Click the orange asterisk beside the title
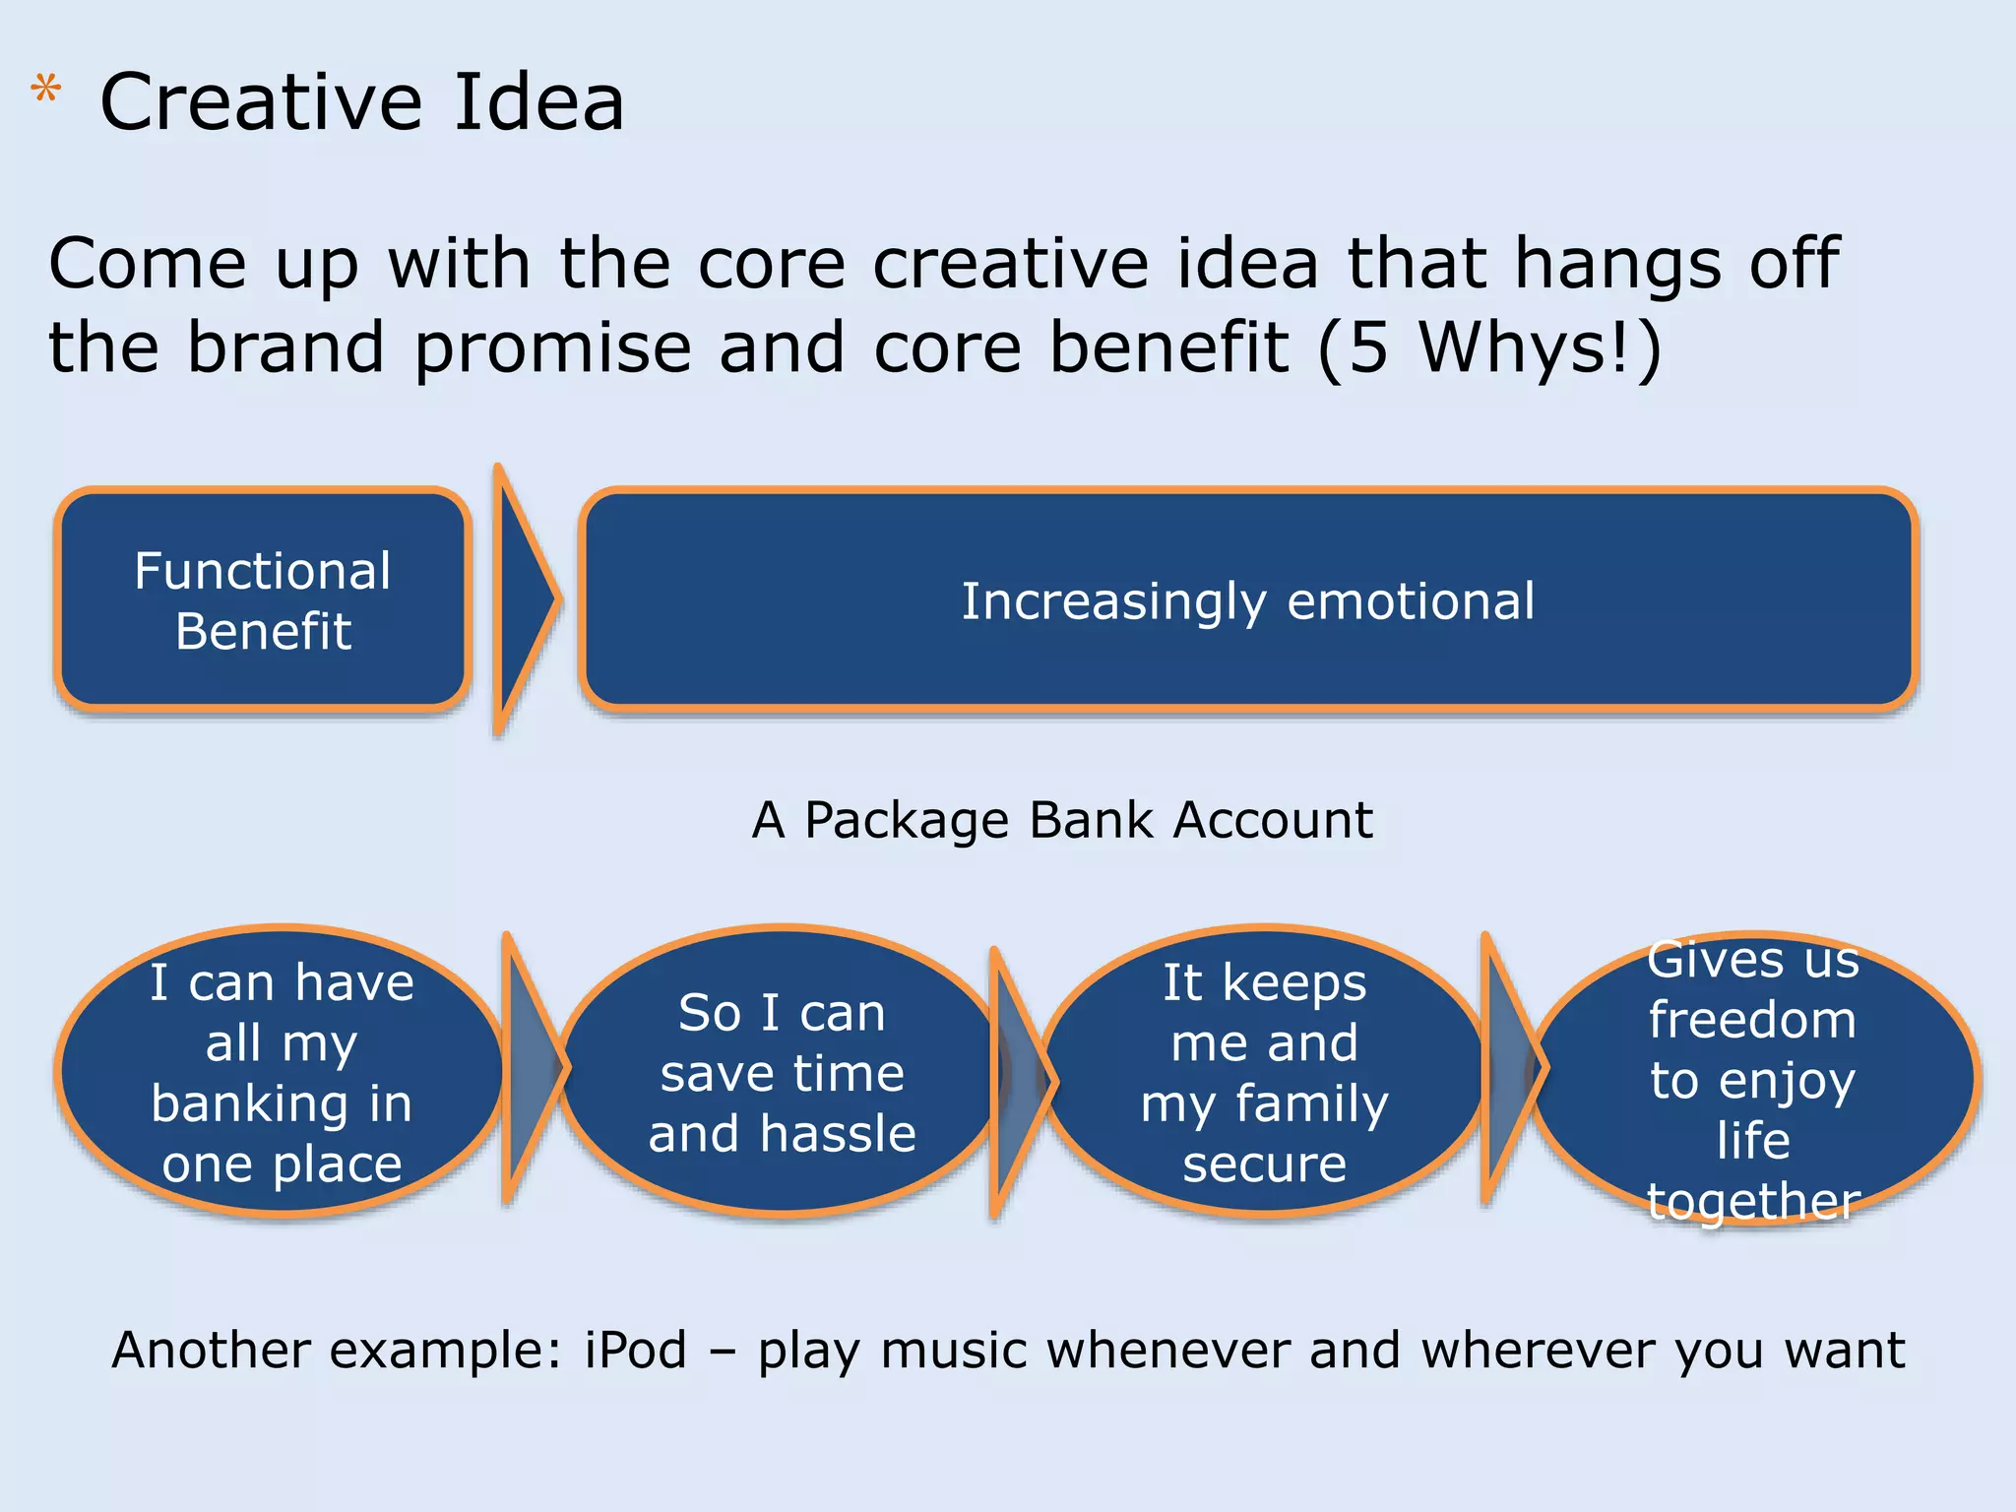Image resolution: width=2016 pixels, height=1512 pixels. pos(45,92)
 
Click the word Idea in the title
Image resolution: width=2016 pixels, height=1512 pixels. pos(538,102)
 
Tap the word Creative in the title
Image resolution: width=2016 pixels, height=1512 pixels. pos(262,102)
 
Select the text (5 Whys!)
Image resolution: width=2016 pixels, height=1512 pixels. pos(1489,348)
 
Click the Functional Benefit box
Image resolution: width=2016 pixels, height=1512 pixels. pos(263,599)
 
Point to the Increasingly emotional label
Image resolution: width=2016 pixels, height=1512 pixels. pos(1247,600)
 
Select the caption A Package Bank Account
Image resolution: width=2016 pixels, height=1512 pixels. pos(1061,820)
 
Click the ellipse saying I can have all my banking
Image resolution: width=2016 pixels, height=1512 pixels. pos(282,1072)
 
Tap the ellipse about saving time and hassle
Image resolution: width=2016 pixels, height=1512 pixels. pos(782,1072)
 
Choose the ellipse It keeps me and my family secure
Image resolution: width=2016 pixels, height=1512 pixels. pos(1264,1072)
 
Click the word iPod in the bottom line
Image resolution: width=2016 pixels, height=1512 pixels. pos(635,1350)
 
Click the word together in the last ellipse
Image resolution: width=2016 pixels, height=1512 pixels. pos(1753,1200)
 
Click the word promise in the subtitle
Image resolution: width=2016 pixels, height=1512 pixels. pos(552,348)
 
